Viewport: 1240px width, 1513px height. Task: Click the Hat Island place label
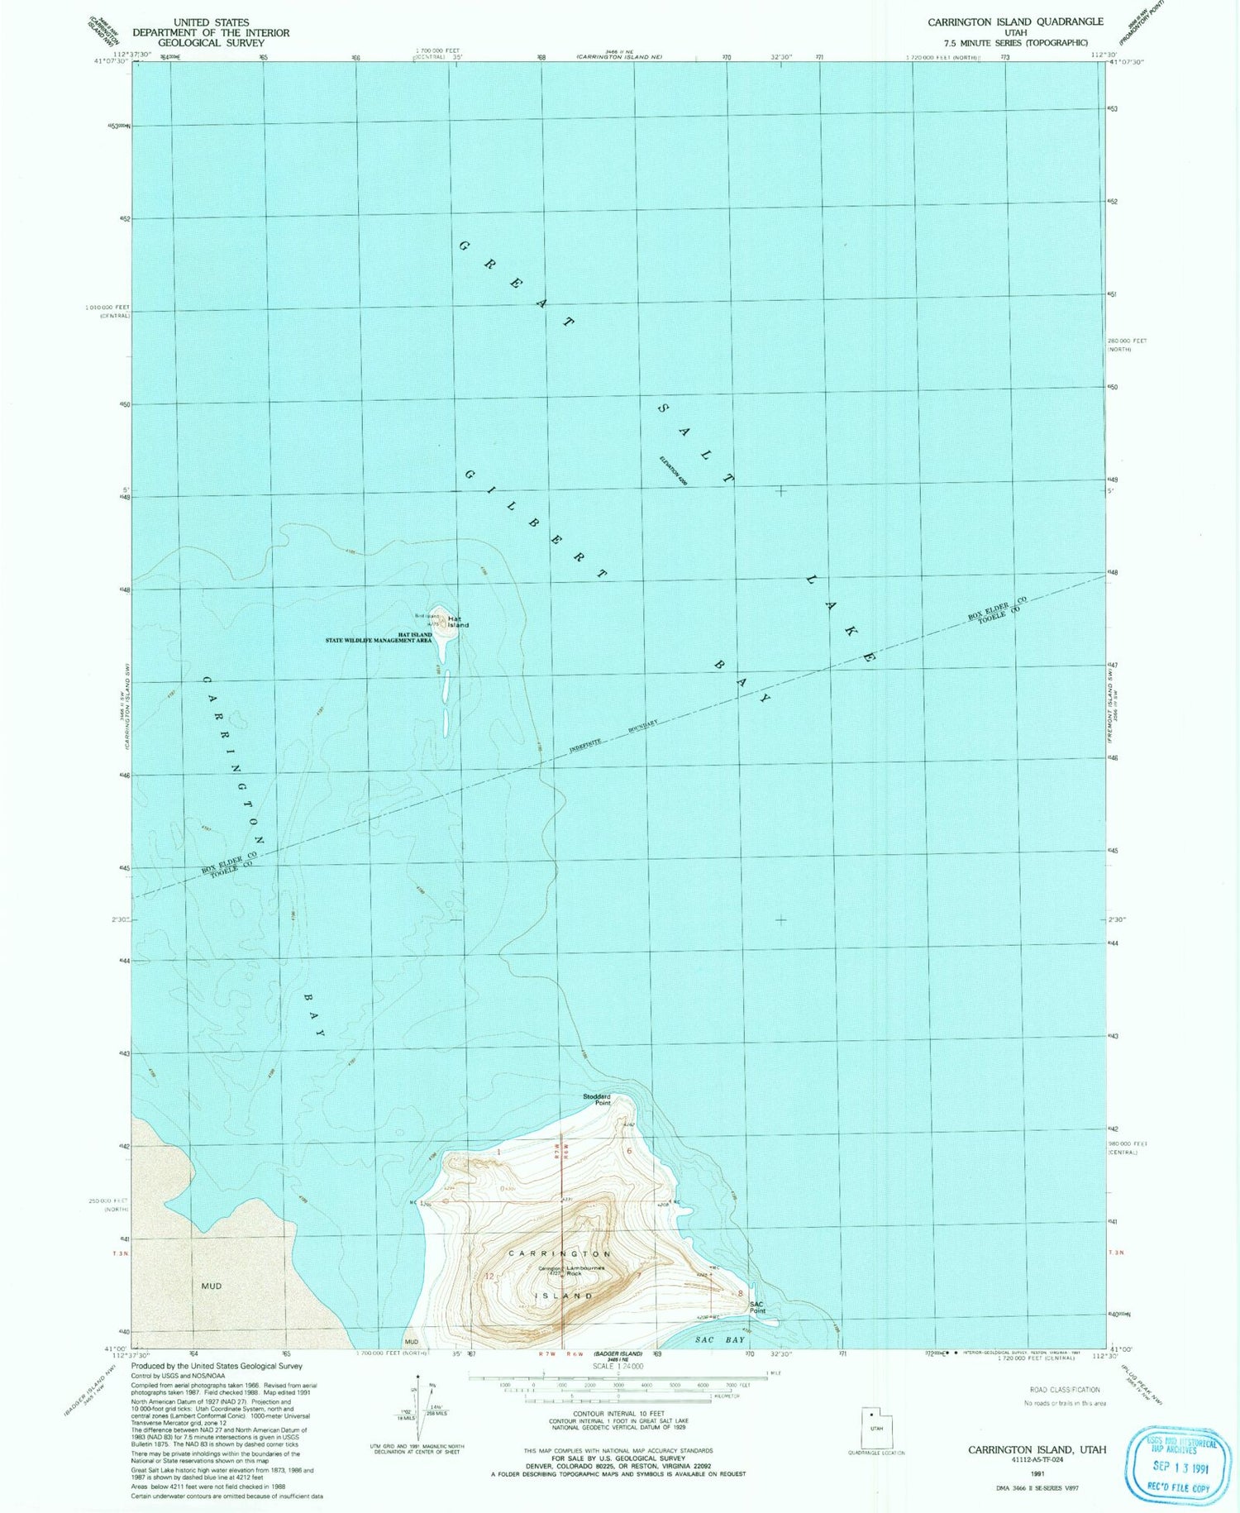[458, 622]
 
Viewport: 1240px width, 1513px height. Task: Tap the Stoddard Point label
[597, 1100]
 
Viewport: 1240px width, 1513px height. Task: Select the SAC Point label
[757, 1307]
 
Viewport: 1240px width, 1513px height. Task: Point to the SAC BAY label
[720, 1339]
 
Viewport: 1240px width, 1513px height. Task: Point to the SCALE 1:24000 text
[618, 1367]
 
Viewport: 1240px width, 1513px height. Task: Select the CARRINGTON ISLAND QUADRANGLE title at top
[1015, 21]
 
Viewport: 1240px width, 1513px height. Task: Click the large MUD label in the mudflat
[212, 1286]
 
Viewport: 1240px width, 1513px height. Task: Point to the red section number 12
[489, 1277]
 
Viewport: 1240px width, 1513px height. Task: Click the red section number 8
[741, 1293]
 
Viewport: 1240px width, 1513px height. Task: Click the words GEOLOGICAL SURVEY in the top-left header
[211, 43]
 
